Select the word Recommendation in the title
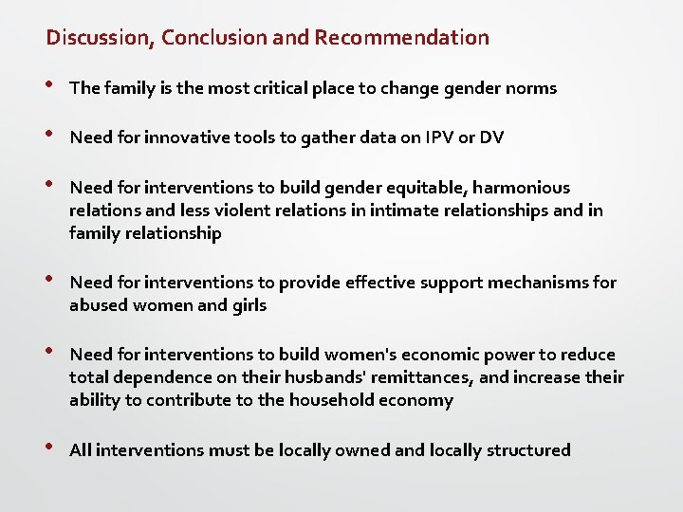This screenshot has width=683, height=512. pyautogui.click(x=402, y=38)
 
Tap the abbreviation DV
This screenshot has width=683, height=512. pyautogui.click(x=491, y=137)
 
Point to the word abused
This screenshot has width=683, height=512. pyautogui.click(x=97, y=305)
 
